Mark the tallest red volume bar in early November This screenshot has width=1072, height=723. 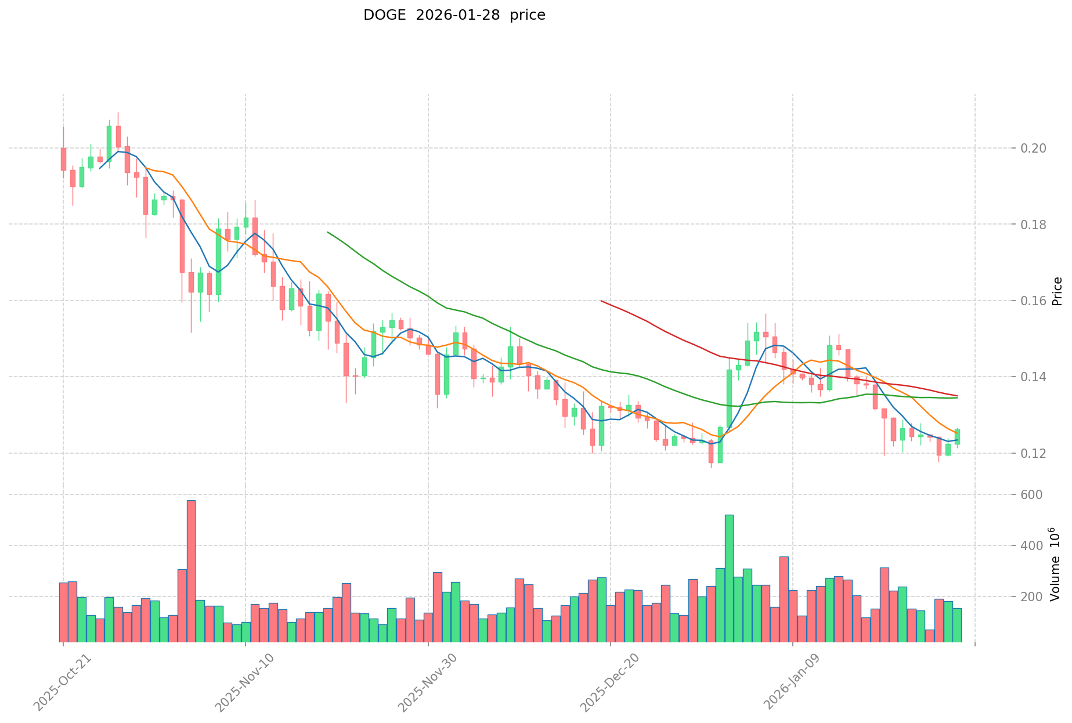tap(191, 571)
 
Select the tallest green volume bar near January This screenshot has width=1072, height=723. tap(729, 578)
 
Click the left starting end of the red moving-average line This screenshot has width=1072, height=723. tap(601, 301)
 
